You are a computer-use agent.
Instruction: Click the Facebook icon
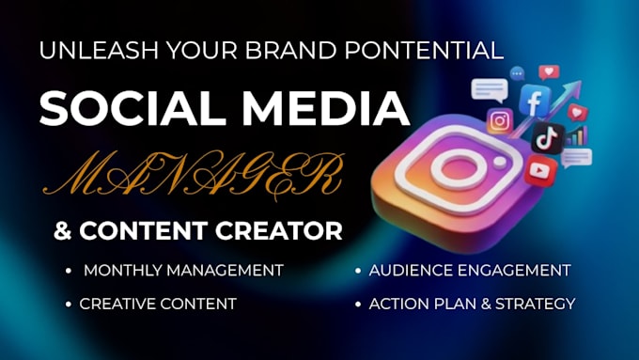(x=535, y=101)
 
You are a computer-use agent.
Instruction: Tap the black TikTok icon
(x=548, y=138)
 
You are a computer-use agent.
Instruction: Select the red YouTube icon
(x=540, y=170)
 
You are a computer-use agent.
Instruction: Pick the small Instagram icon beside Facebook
(x=500, y=121)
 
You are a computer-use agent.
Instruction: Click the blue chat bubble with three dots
(x=517, y=74)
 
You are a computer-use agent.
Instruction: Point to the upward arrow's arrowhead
(x=574, y=87)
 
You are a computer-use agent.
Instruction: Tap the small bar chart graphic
(x=576, y=135)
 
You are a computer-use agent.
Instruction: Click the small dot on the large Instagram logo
(x=500, y=163)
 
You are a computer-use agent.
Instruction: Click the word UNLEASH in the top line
(x=99, y=51)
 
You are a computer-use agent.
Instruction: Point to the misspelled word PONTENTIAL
(x=424, y=51)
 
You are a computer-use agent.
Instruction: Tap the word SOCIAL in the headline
(x=132, y=108)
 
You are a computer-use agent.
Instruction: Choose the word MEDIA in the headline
(x=326, y=108)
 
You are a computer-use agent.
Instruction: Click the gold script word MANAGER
(x=193, y=176)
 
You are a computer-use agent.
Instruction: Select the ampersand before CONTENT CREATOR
(x=63, y=231)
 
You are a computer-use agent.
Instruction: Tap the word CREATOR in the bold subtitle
(x=279, y=231)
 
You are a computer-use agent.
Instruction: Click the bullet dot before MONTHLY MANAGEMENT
(x=68, y=271)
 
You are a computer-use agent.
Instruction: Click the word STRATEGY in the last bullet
(x=535, y=304)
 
